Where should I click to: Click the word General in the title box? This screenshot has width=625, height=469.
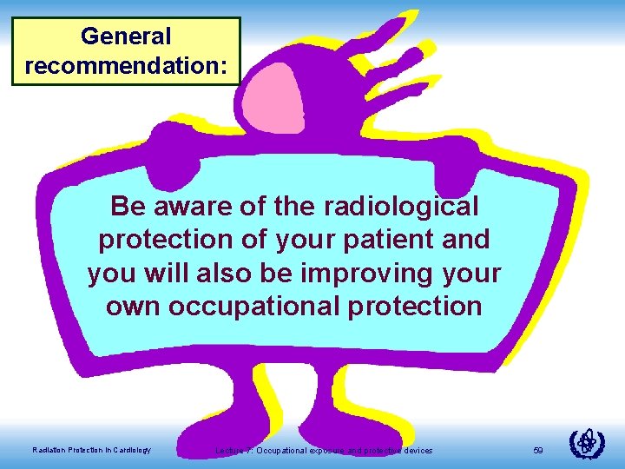(126, 36)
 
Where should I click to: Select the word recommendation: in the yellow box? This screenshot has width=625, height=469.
(126, 66)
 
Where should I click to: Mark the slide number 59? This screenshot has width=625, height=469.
(538, 450)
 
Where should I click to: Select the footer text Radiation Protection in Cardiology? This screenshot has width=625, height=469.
(91, 450)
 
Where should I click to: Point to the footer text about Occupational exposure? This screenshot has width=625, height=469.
(324, 450)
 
